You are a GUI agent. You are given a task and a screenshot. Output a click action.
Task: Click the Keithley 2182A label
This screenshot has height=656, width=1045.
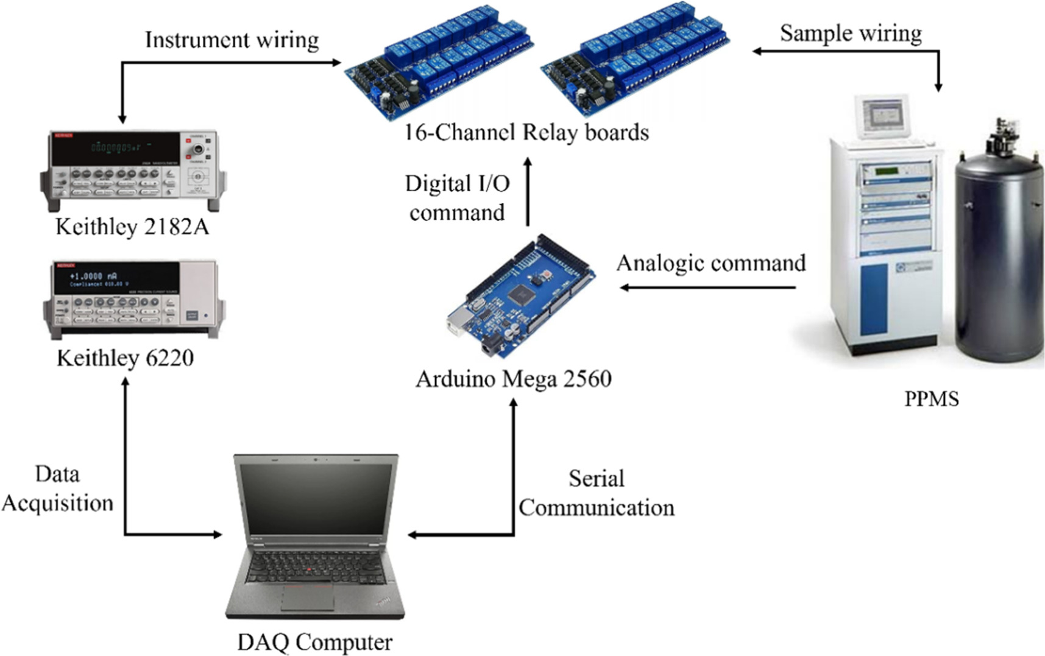pos(132,227)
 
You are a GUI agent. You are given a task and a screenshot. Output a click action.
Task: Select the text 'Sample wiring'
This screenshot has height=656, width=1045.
pos(851,34)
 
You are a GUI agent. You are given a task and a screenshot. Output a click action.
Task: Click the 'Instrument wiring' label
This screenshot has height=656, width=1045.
pos(232,40)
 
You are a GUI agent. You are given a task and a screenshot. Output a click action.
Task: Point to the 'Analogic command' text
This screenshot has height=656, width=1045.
pos(711,263)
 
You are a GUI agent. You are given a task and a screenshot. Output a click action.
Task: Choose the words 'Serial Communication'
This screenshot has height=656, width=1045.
pos(596,493)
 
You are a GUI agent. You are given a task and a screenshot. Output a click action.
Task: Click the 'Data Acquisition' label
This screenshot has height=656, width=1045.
pos(57,488)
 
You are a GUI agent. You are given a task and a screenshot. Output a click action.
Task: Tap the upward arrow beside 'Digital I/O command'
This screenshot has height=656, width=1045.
pos(528,192)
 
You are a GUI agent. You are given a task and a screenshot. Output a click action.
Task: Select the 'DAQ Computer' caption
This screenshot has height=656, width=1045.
pos(314,642)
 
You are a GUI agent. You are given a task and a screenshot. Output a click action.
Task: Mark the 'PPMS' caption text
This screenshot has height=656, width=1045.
pos(931,399)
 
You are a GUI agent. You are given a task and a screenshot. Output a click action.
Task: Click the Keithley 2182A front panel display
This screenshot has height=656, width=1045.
pos(116,148)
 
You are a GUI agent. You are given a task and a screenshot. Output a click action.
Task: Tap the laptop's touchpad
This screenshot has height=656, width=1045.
pos(307,598)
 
